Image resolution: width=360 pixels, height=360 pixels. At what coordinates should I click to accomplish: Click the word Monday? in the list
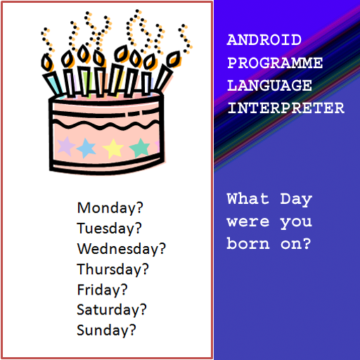(110, 207)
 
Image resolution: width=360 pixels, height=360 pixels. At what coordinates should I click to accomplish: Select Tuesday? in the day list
(109, 228)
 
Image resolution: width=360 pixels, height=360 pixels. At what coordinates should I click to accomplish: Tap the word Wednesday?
(122, 248)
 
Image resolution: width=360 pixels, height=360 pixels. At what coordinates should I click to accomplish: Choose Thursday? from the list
(112, 269)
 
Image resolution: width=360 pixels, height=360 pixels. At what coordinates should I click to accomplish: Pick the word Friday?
(102, 290)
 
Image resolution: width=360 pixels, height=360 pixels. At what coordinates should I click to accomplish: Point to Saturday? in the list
(112, 309)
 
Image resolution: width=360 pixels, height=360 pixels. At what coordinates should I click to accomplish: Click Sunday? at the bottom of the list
(106, 330)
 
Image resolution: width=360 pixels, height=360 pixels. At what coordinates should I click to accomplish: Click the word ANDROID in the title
(264, 40)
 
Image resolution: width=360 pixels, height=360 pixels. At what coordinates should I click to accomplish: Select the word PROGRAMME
(275, 63)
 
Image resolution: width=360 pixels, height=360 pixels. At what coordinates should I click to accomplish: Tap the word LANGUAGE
(269, 85)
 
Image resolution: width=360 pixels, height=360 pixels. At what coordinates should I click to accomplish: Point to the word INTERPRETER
(286, 108)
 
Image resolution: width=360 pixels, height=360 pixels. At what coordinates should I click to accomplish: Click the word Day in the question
(296, 200)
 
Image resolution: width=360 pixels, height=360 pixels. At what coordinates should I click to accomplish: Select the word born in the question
(248, 243)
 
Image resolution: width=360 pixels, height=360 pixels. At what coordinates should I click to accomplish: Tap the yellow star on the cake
(113, 149)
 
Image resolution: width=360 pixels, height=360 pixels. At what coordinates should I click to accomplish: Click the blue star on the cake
(86, 148)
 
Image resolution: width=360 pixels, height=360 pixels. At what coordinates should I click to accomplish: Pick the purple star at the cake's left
(65, 146)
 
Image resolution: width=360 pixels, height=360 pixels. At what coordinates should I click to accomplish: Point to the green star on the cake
(140, 148)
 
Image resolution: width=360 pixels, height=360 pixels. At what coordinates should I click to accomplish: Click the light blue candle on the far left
(53, 83)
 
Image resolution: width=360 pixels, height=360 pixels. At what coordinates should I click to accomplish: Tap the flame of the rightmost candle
(174, 59)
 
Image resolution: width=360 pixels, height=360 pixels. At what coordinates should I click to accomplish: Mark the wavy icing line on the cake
(106, 125)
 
